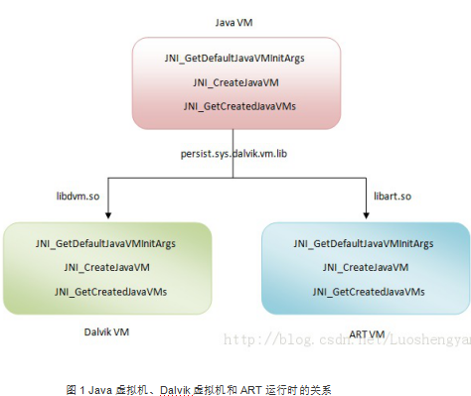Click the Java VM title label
pyautogui.click(x=235, y=22)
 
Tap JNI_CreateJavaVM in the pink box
pyautogui.click(x=235, y=81)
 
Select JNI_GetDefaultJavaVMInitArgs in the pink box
pyautogui.click(x=235, y=59)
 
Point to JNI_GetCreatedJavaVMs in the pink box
pyautogui.click(x=235, y=105)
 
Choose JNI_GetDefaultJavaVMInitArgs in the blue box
pyautogui.click(x=363, y=243)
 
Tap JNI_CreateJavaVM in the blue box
pyautogui.click(x=363, y=267)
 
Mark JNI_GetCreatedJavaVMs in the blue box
pyautogui.click(x=363, y=291)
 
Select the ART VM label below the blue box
pyautogui.click(x=363, y=334)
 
